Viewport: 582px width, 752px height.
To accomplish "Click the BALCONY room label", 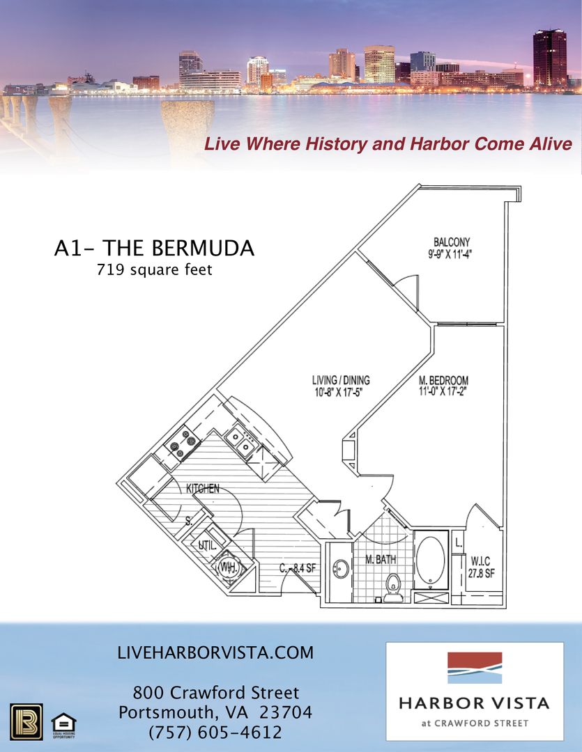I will coord(451,242).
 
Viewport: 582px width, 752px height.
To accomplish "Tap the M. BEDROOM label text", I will coord(443,381).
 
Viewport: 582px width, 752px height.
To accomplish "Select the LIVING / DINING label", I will coord(341,380).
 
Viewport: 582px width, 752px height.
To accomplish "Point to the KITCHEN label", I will coord(203,489).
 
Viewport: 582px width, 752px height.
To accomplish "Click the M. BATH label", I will coord(381,559).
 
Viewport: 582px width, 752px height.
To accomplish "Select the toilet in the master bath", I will coord(394,587).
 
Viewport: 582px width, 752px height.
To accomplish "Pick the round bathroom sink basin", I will coord(341,569).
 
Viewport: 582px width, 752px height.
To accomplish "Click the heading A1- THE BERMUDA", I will coord(154,249).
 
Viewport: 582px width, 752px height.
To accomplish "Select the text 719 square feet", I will coord(154,269).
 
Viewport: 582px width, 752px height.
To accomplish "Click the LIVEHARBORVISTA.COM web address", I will coord(216,653).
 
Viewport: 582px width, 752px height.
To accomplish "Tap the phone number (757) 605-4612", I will coord(215,733).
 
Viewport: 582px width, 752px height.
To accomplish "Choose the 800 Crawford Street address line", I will coord(215,693).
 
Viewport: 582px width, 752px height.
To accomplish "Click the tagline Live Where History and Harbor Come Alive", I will coord(388,144).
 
